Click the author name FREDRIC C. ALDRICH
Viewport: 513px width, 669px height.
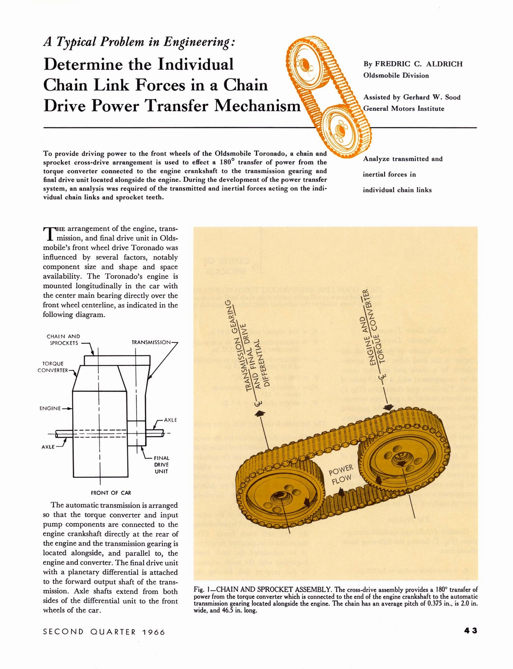419,64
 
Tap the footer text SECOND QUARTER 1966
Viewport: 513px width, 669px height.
104,632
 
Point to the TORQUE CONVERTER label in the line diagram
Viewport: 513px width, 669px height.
53,367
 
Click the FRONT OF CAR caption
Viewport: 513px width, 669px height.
111,493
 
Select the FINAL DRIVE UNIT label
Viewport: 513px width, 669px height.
161,465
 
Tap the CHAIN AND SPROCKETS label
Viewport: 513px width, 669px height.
63,340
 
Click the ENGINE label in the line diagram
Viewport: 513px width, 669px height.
50,408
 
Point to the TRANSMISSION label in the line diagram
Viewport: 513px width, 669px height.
151,342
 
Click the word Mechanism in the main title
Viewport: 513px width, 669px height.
257,106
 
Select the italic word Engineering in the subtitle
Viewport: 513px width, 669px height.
196,42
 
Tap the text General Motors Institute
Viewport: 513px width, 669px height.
404,108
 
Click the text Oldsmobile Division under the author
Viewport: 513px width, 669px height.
396,75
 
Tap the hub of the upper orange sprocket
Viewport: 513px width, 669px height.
305,64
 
